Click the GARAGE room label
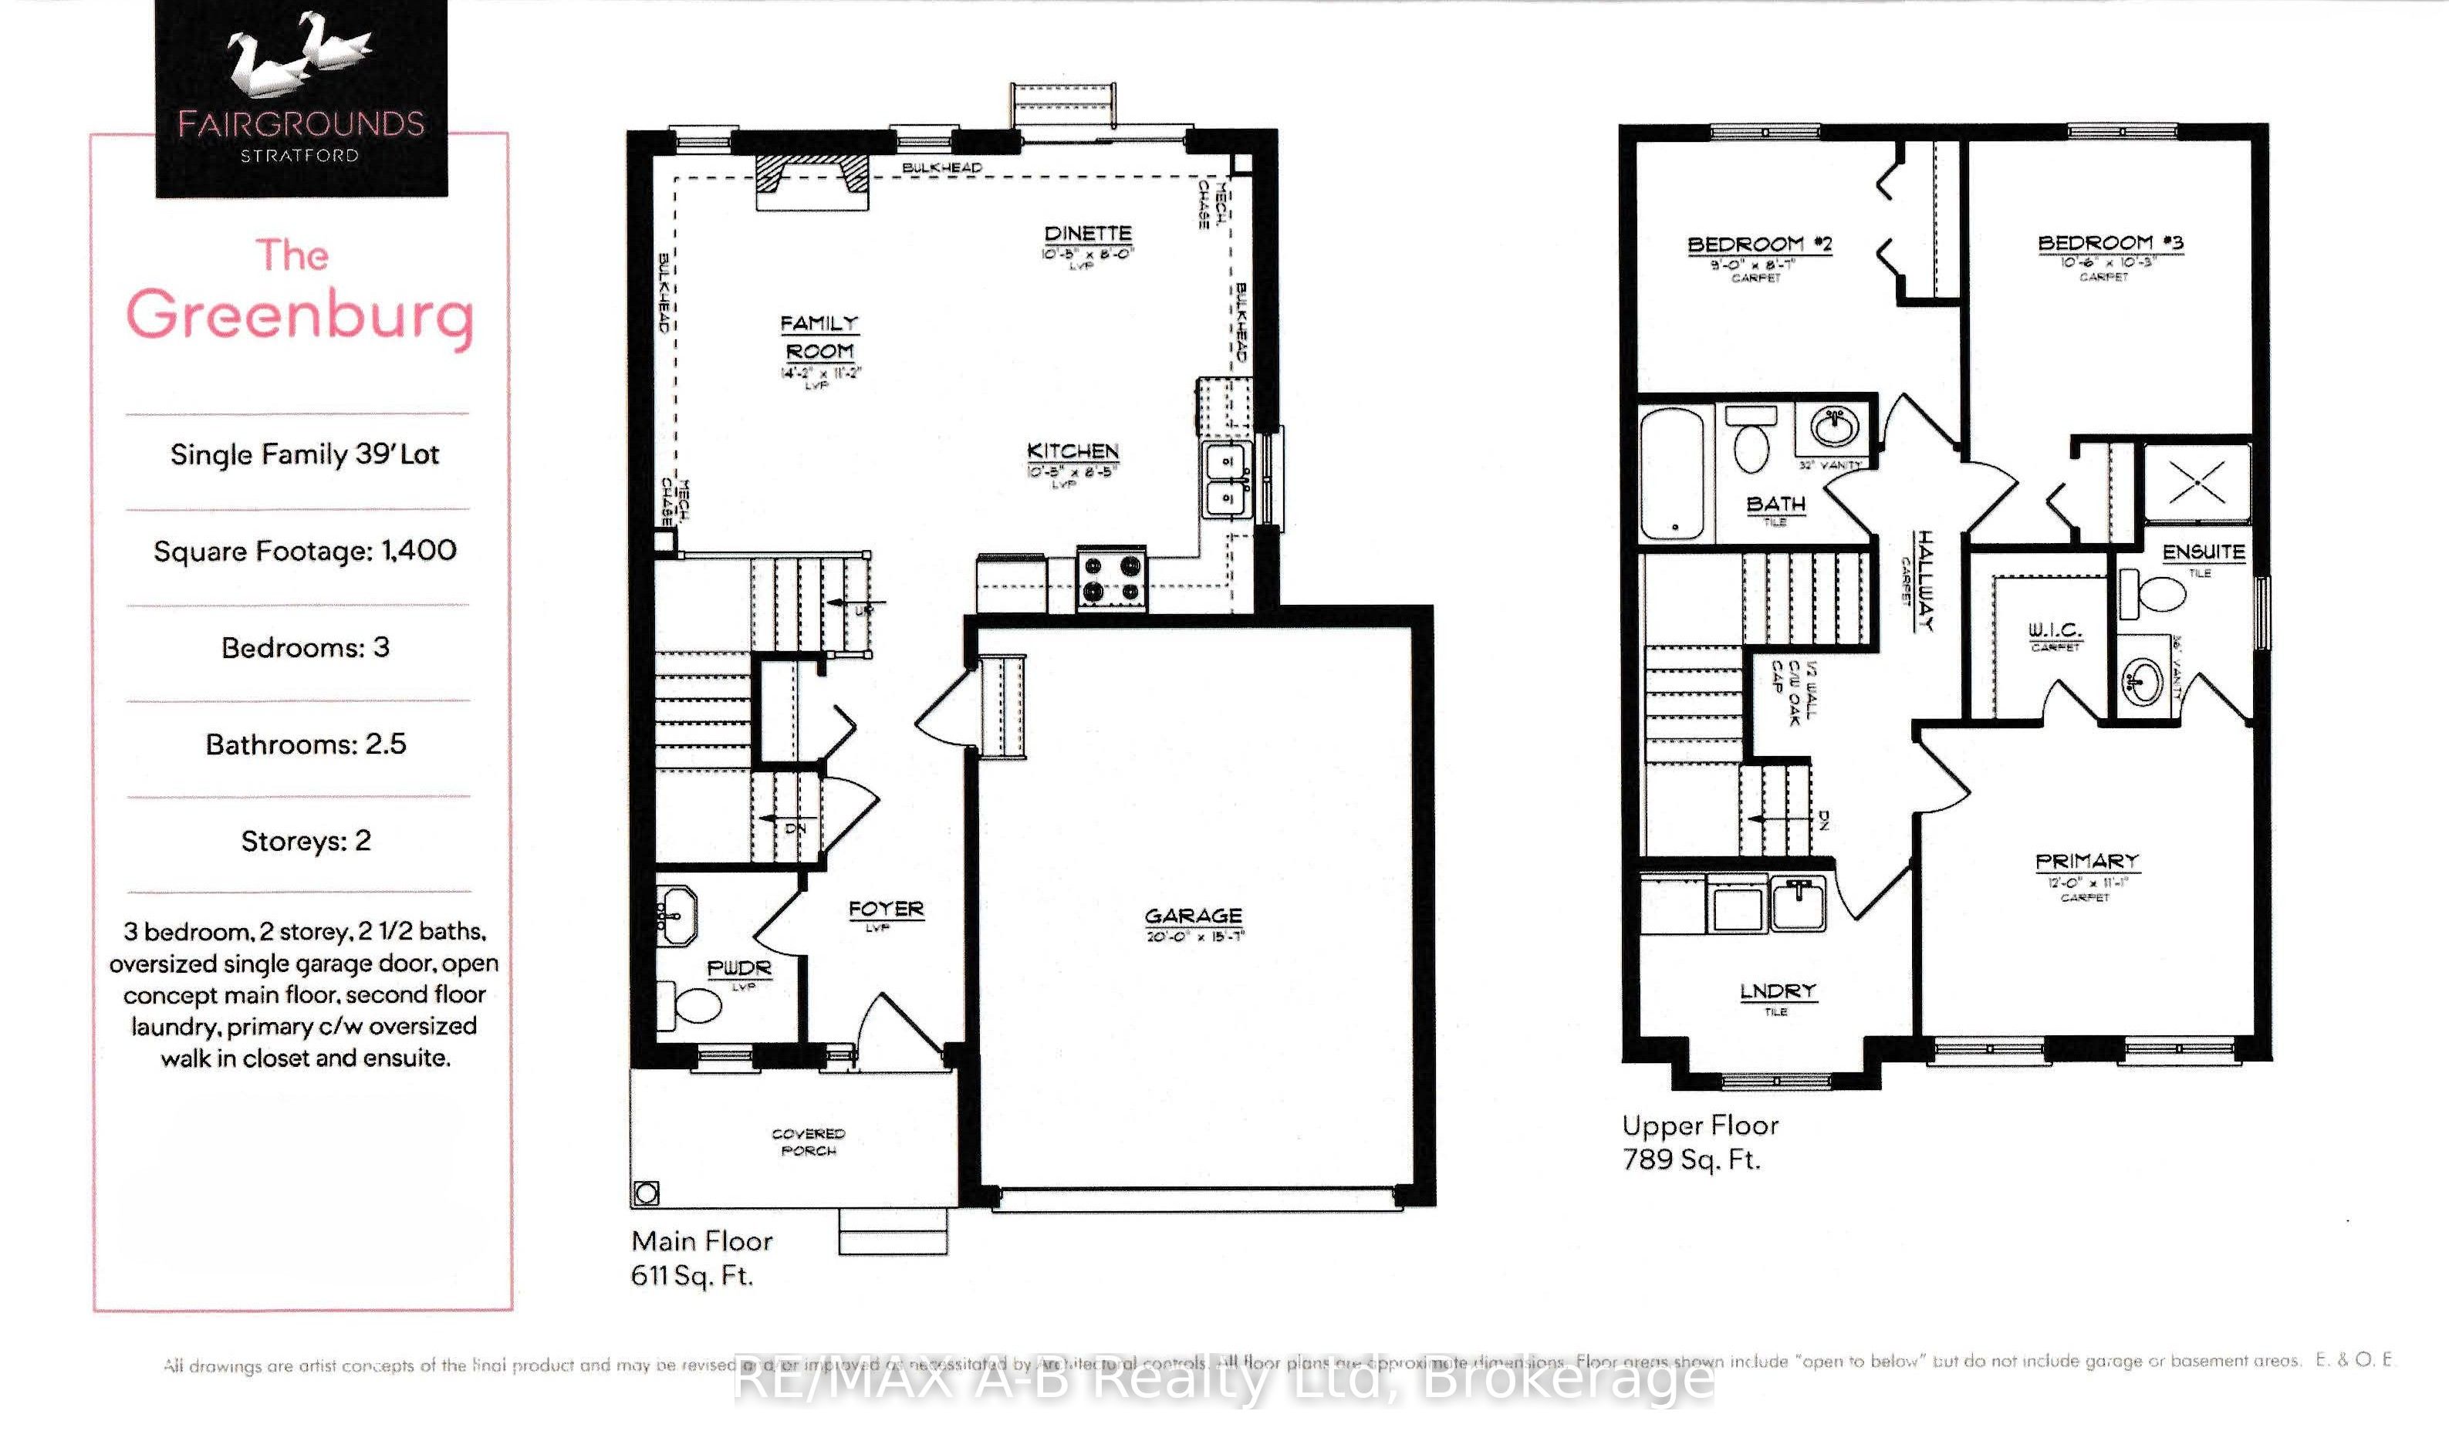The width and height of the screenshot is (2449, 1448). point(1194,916)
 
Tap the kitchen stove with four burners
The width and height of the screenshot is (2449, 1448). point(1111,579)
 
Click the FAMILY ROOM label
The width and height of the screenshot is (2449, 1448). point(819,336)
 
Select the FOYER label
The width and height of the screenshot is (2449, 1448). point(886,910)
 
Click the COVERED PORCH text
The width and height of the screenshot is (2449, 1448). point(808,1142)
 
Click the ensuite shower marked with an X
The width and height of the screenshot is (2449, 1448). point(2196,482)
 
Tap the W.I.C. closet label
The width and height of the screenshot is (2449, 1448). point(2055,630)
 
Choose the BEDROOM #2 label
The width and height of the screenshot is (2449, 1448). point(1759,244)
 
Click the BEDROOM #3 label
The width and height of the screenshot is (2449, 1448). point(2110,243)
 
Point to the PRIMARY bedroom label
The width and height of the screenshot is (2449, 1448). point(2087,862)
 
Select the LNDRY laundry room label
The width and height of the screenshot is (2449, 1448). point(1778,991)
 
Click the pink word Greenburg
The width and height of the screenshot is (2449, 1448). point(299,314)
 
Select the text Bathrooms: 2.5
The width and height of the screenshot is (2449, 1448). point(306,744)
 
